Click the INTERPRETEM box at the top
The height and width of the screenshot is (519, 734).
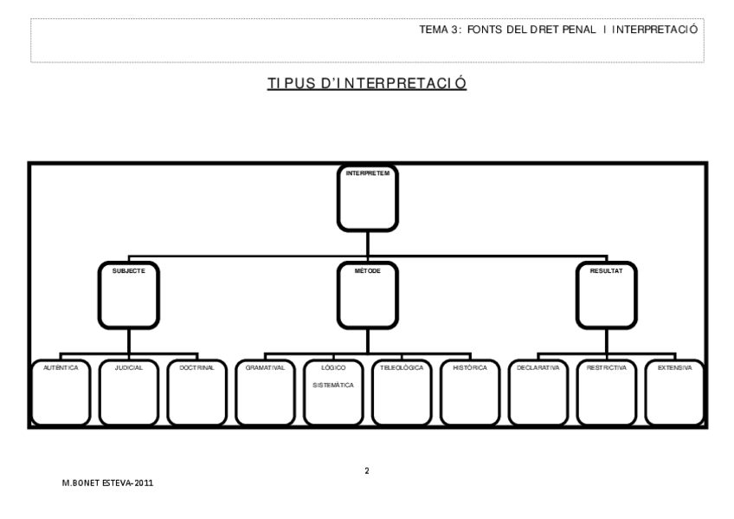367,198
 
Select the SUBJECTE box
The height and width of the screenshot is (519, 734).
129,295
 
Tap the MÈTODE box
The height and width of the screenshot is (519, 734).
367,295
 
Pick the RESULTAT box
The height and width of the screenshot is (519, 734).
606,295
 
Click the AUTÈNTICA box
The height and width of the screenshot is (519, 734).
61,392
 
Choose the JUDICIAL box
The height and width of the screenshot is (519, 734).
129,392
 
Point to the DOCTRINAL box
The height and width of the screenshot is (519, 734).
196,392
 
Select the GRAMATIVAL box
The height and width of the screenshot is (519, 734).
265,392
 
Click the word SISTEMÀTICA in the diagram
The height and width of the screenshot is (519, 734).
333,385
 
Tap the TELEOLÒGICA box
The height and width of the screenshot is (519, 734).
402,392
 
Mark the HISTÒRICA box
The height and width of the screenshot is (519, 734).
469,392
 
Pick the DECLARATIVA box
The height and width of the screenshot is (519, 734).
538,392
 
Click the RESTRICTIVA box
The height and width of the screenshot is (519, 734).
606,392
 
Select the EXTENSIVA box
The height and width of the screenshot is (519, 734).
674,392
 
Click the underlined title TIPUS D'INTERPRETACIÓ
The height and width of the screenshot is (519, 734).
367,84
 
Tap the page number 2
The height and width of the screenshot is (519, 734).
366,471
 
